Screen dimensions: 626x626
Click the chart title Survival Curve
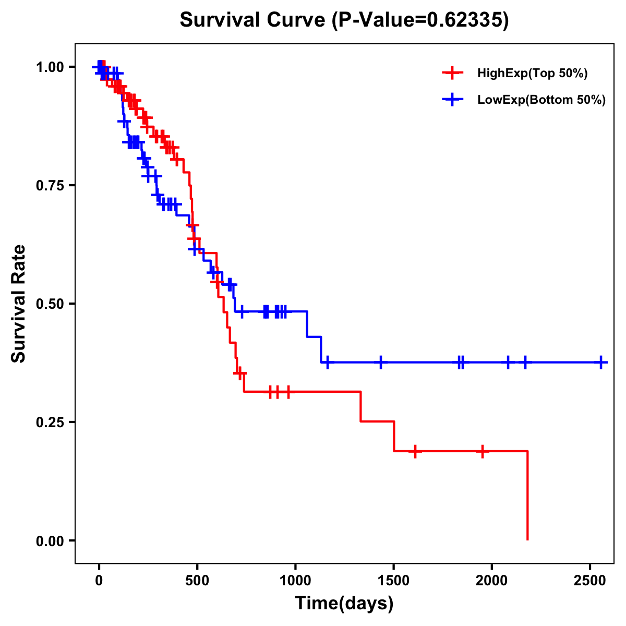point(344,20)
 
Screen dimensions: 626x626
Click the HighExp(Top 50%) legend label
point(532,74)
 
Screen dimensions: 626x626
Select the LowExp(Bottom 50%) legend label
point(541,100)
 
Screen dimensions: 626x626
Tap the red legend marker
point(452,73)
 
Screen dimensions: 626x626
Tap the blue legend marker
point(452,100)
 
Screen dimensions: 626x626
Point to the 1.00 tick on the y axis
point(50,67)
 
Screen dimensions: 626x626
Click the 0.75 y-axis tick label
point(50,186)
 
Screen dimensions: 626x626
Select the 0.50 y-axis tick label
point(50,304)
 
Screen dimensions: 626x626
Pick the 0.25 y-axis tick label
point(50,422)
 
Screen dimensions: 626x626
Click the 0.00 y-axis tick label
point(50,541)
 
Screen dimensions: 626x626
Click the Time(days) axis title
point(344,604)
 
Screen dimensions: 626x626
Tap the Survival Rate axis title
point(19,304)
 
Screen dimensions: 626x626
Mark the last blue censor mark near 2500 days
point(601,362)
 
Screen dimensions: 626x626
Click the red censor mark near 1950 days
point(483,451)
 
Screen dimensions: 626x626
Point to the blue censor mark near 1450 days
point(381,362)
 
